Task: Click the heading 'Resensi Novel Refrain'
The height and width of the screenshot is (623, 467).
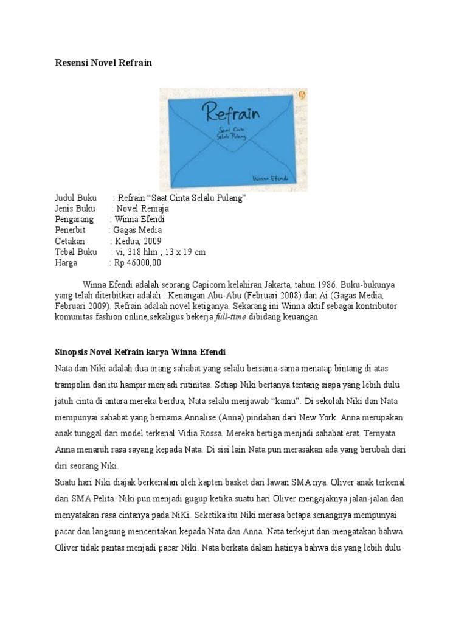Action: [x=103, y=63]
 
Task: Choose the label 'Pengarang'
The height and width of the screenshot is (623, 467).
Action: [x=74, y=219]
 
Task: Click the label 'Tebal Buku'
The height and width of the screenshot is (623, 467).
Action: [x=76, y=252]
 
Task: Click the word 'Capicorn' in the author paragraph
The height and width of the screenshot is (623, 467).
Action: [x=218, y=285]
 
